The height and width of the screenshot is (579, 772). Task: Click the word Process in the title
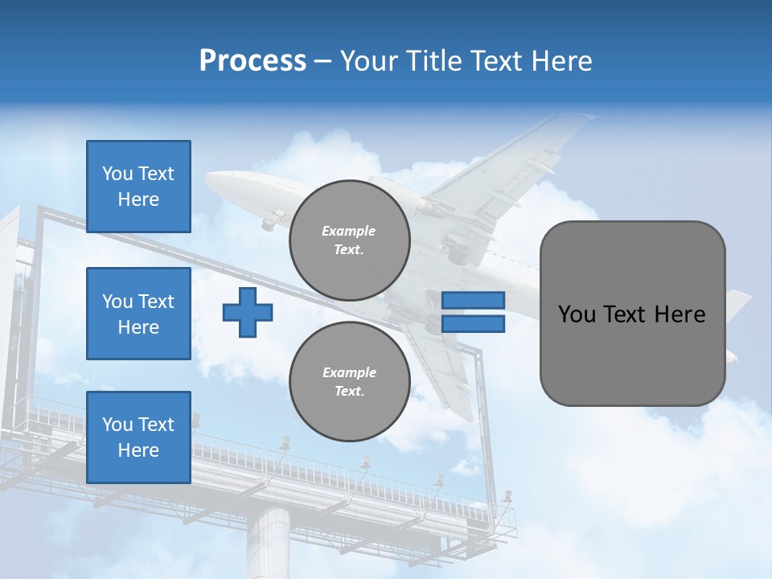click(253, 61)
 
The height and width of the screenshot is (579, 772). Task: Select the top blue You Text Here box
click(138, 187)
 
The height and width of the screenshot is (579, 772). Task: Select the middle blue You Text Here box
click(138, 314)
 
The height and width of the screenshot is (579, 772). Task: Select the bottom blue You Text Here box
click(138, 437)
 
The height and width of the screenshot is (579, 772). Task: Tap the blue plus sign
click(248, 312)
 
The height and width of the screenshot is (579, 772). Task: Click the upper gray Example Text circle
click(349, 240)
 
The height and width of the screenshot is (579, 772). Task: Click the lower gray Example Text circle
click(349, 382)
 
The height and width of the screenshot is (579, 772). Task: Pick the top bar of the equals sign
click(473, 300)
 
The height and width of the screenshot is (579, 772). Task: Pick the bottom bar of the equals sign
click(473, 323)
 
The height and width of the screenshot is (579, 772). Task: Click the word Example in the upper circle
click(349, 231)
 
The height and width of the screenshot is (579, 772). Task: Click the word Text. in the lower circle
click(349, 392)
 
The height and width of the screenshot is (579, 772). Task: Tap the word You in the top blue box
click(117, 174)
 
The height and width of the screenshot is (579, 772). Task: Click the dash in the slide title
click(322, 62)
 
